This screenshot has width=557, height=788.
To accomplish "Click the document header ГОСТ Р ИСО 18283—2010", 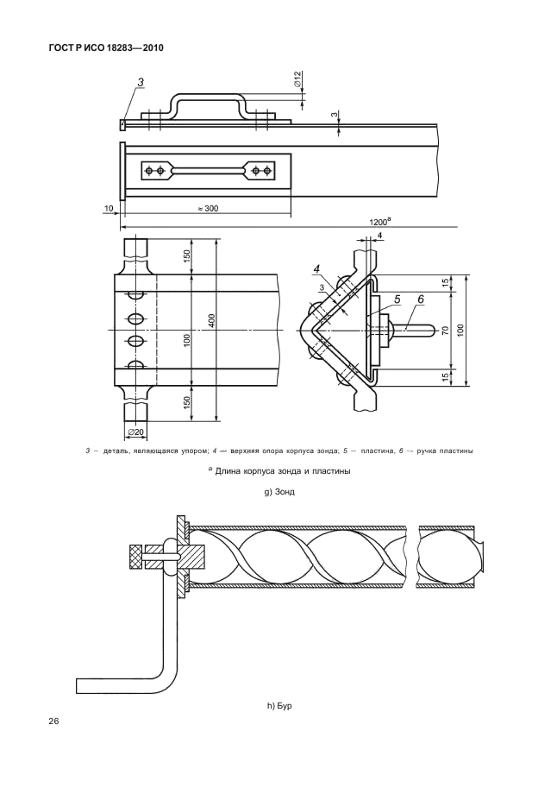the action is (x=106, y=48).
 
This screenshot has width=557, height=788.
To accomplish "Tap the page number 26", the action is (x=53, y=722).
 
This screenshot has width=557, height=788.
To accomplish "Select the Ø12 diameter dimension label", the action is (x=297, y=79).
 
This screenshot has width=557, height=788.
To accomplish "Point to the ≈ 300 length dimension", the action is (x=208, y=208).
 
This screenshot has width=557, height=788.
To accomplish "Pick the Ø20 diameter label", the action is (x=136, y=432).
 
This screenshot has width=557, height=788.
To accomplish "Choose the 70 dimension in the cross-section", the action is (x=445, y=331).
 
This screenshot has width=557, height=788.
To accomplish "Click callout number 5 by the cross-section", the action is (x=397, y=299).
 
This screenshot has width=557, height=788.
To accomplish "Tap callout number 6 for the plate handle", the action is (x=421, y=299).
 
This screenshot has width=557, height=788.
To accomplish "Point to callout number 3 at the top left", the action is (x=141, y=82).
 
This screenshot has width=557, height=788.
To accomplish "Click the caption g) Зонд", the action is (x=279, y=491).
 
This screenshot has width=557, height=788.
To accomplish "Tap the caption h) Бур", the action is (x=279, y=706).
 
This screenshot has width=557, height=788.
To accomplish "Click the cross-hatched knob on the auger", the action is (x=135, y=557).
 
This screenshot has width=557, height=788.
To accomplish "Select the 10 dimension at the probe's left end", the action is (x=109, y=208).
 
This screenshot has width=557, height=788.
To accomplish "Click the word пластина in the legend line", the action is (x=376, y=451).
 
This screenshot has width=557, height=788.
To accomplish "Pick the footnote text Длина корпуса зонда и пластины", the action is (x=282, y=471).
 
